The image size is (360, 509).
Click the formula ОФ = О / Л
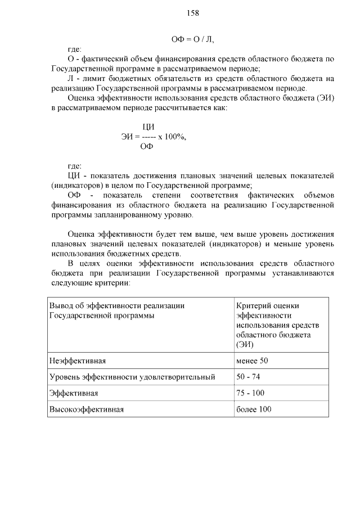192,39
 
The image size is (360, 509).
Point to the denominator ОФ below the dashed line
147,147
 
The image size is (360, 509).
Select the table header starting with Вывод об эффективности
117,310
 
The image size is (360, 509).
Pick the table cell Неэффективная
78,360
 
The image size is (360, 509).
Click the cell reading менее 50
253,360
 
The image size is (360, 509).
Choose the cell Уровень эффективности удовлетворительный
132,376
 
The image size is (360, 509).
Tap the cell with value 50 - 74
249,376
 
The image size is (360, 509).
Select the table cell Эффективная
74,393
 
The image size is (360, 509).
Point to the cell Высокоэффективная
87,409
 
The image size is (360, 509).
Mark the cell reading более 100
254,409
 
